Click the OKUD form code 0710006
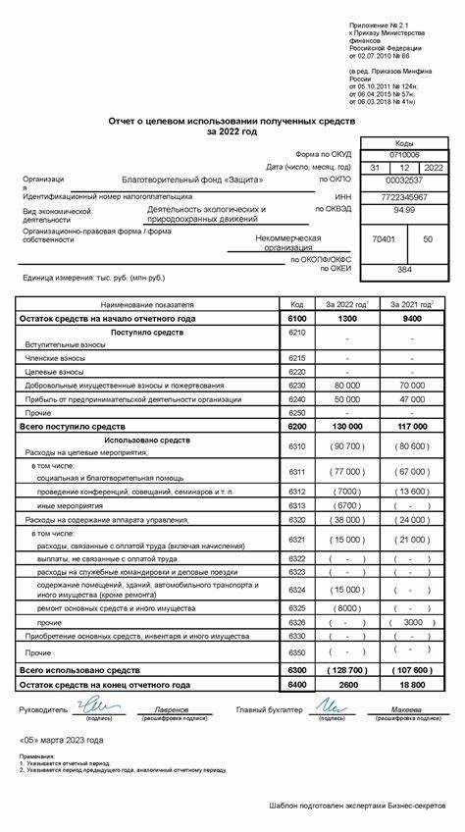[x=403, y=155]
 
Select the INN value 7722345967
[x=403, y=195]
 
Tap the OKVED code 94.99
[x=403, y=209]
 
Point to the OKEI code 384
[x=403, y=268]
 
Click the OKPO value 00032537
[x=403, y=181]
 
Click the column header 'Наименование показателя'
[x=147, y=305]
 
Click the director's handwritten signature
[x=97, y=704]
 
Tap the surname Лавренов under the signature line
[x=171, y=709]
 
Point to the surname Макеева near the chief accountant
[x=406, y=709]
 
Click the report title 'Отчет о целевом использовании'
[x=232, y=120]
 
